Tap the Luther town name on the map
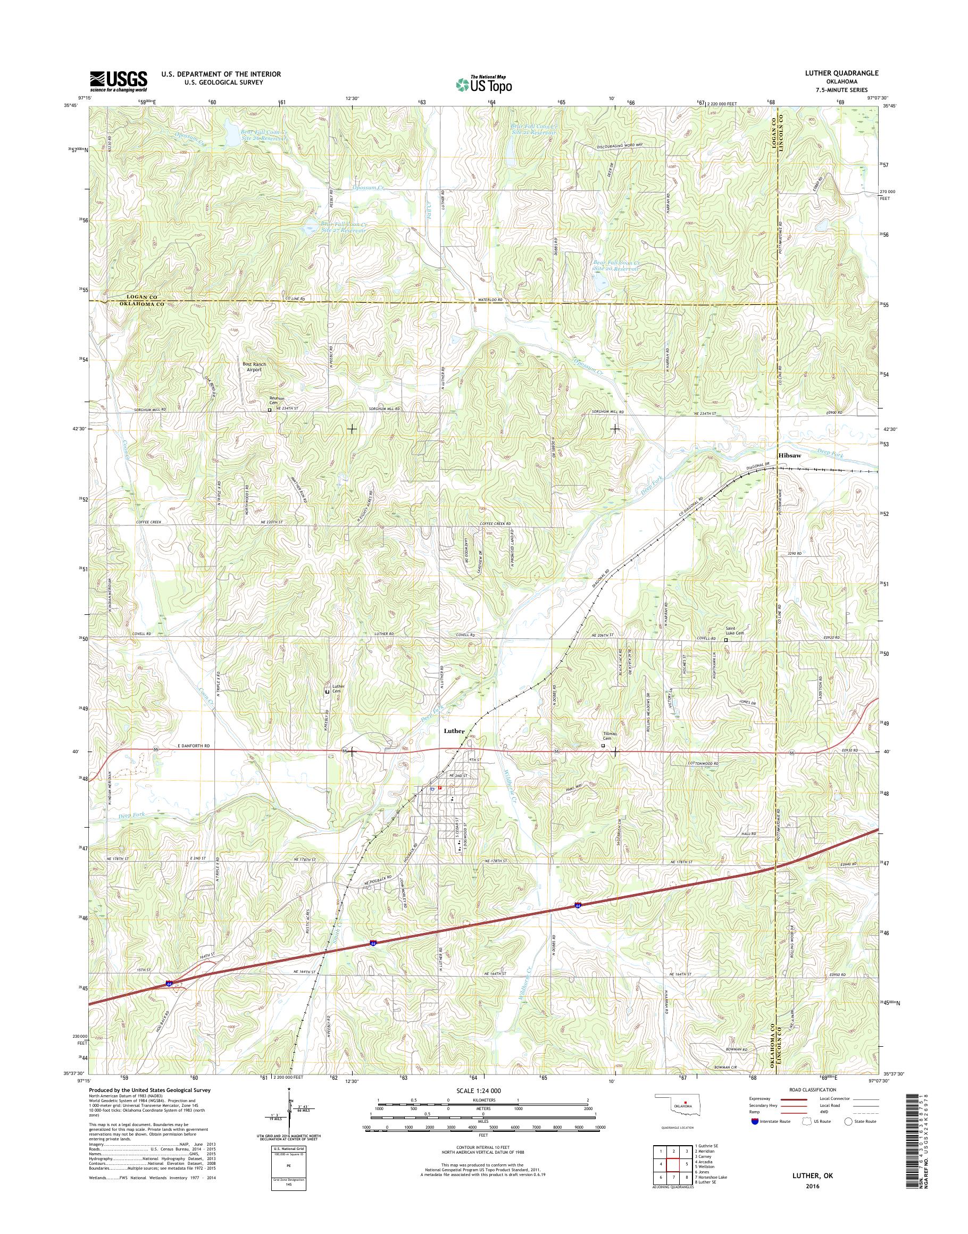point(455,731)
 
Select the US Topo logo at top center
point(483,84)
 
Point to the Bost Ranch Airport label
point(254,366)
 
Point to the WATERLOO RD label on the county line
point(491,300)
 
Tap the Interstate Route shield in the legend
point(754,1121)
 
